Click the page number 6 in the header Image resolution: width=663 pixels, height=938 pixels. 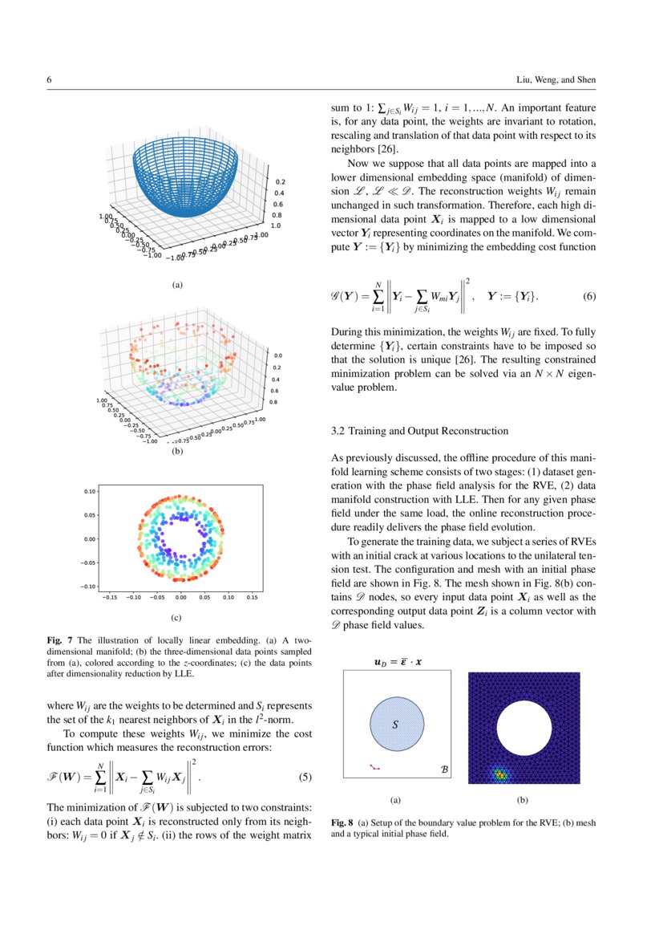pyautogui.click(x=50, y=80)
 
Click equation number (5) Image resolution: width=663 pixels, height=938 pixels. pyautogui.click(x=305, y=777)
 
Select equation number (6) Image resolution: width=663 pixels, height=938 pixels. pyautogui.click(x=589, y=296)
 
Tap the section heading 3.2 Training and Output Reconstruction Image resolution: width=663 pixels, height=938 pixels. pyautogui.click(x=419, y=431)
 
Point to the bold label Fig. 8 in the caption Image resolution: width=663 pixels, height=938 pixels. pyautogui.click(x=342, y=823)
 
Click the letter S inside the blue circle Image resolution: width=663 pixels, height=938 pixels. pyautogui.click(x=394, y=725)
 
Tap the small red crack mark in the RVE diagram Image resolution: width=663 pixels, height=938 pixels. pyautogui.click(x=374, y=767)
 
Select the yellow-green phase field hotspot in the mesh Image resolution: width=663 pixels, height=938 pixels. pyautogui.click(x=500, y=774)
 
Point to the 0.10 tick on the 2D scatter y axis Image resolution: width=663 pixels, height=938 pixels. pyautogui.click(x=91, y=490)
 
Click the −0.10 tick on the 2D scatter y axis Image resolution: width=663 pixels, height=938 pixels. pyautogui.click(x=89, y=587)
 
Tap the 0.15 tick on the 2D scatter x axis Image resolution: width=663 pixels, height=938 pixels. pyautogui.click(x=252, y=598)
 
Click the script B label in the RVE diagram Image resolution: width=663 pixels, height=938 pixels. pyautogui.click(x=445, y=769)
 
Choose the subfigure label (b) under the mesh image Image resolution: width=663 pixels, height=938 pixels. pyautogui.click(x=523, y=800)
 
